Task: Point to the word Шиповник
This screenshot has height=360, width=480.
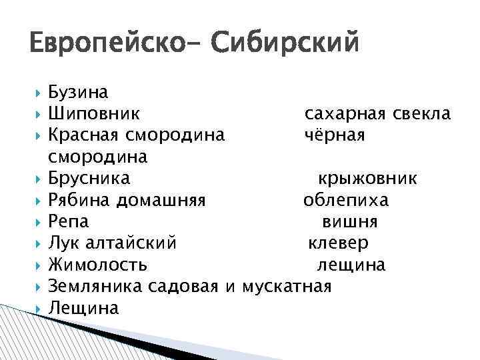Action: click(x=94, y=114)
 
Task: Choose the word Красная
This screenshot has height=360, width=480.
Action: click(x=83, y=135)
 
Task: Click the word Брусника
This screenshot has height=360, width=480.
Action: click(x=90, y=179)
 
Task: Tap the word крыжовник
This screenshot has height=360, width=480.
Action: click(x=367, y=179)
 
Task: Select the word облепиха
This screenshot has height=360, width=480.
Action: click(x=346, y=200)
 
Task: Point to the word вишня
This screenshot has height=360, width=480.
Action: click(x=350, y=221)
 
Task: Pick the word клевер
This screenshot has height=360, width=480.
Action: click(x=338, y=243)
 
